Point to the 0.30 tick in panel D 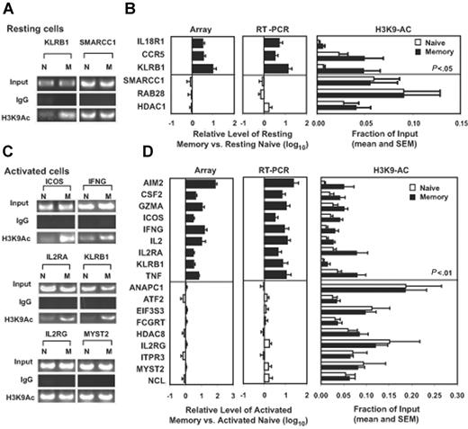click(457, 394)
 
